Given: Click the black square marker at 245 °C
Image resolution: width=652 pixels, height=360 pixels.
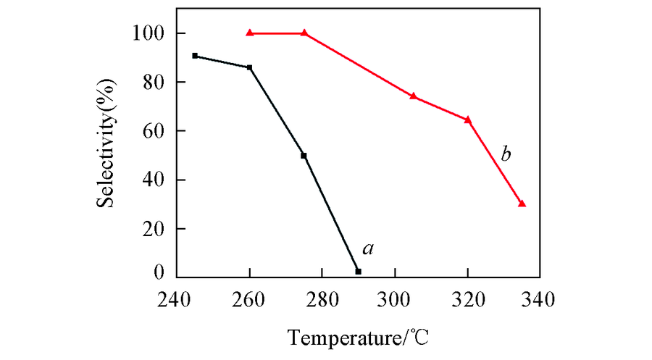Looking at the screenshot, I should [x=195, y=56].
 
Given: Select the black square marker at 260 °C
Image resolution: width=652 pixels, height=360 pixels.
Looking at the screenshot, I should [x=250, y=67].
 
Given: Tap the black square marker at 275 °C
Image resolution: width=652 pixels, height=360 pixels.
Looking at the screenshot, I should [x=304, y=156].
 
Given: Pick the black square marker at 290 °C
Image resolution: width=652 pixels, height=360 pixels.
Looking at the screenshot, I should [x=358, y=271].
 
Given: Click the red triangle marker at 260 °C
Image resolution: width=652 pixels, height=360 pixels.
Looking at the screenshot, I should [x=250, y=33].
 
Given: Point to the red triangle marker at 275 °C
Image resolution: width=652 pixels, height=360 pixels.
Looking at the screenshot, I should [x=304, y=33].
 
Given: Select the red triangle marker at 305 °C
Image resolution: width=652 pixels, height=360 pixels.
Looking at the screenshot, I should [x=413, y=96].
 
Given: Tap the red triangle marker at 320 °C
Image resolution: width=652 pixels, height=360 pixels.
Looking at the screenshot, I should [x=467, y=120].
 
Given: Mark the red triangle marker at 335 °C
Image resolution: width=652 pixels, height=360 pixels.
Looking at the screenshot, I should [x=522, y=204].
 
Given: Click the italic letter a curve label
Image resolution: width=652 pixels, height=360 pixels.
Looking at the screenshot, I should [x=368, y=249].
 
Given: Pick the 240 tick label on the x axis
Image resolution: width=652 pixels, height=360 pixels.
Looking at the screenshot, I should [x=177, y=298].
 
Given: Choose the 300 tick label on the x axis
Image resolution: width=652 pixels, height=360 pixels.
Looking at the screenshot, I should [x=395, y=298].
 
